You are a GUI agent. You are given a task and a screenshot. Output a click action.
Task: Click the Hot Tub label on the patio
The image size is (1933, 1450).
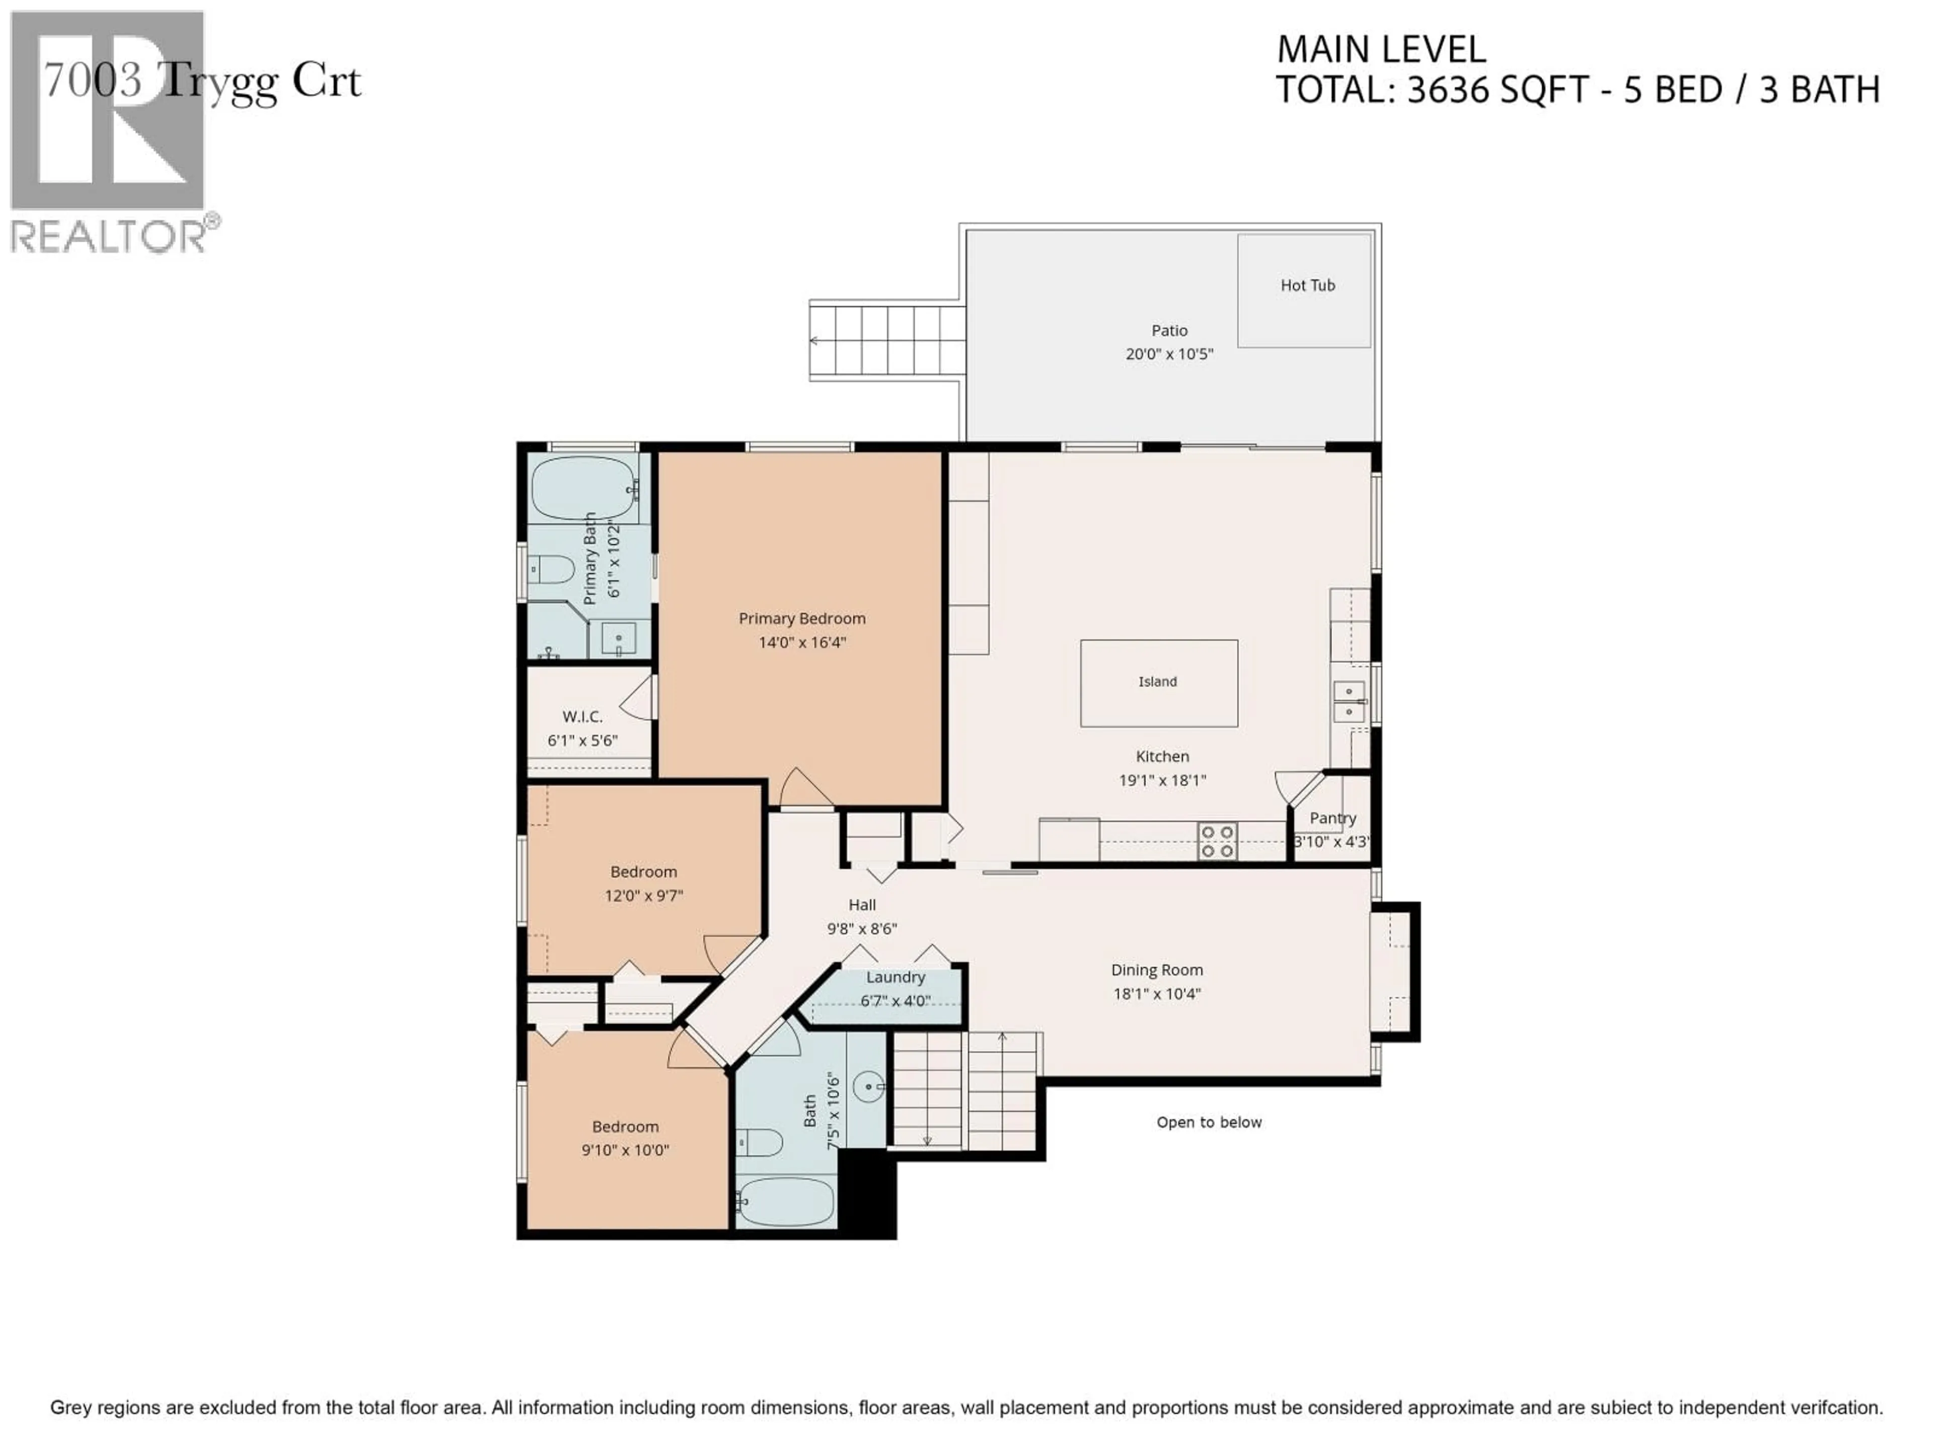1307,285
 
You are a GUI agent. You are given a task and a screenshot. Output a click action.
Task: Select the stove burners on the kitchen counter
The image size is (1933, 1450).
1216,841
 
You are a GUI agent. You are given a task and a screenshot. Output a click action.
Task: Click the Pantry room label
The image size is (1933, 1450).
1332,818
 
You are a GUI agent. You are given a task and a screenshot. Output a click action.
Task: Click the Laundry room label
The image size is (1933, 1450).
895,977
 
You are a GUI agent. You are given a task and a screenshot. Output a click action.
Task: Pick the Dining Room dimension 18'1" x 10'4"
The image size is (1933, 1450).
1156,994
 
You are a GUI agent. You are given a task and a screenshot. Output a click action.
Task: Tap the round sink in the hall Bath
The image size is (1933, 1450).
869,1087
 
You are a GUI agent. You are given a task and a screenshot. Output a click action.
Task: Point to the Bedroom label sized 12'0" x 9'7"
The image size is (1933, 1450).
643,872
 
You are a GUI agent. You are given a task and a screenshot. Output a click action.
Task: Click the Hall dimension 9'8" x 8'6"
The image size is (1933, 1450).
862,929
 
